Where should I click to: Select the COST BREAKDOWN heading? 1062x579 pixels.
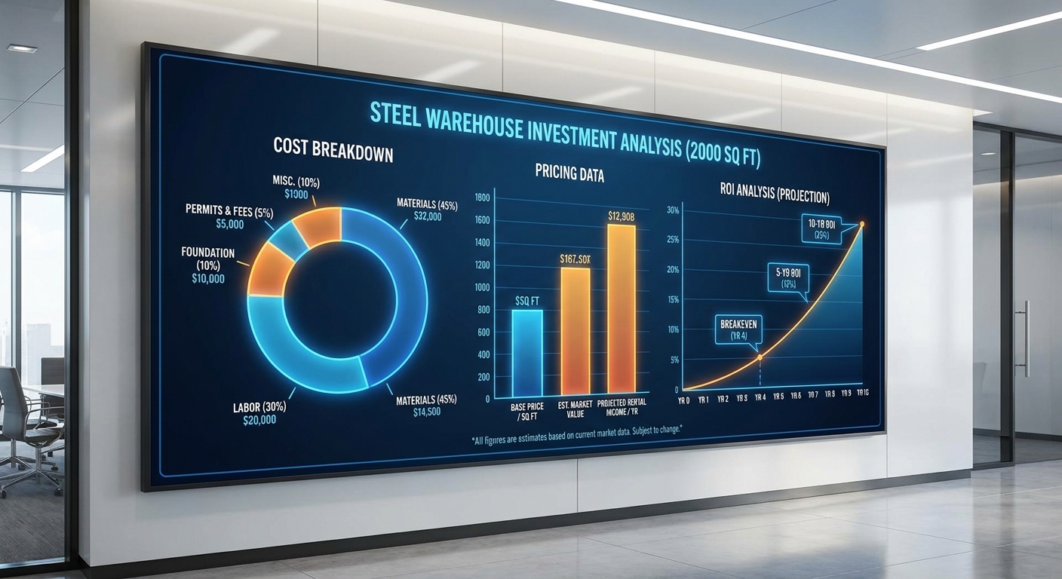333,149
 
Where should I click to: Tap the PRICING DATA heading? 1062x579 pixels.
569,173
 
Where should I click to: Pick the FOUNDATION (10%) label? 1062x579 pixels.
207,259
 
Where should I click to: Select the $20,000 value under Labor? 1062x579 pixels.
259,420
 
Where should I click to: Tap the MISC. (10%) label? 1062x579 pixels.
297,181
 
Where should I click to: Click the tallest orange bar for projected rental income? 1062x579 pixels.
621,309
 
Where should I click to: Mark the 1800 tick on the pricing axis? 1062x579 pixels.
482,198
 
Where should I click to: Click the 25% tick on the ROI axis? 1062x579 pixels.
674,240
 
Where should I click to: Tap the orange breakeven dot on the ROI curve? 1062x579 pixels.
760,357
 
